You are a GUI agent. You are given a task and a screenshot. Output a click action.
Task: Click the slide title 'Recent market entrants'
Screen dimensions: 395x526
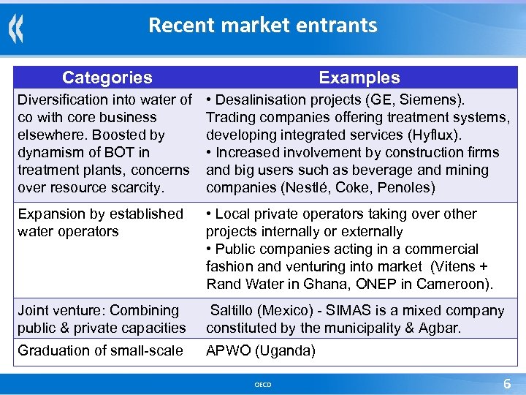point(262,26)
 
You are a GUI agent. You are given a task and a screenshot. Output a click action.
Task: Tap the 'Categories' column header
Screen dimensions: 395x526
point(107,78)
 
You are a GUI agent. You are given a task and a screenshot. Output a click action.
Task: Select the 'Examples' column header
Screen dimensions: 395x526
point(359,78)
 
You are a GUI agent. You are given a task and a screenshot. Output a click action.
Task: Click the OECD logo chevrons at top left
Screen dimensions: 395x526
point(16,29)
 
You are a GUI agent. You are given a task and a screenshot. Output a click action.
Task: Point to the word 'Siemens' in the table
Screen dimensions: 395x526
point(436,99)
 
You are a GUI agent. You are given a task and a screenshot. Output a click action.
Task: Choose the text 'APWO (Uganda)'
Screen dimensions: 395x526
point(261,350)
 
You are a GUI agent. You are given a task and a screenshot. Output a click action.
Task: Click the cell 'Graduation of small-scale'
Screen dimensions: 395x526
point(100,350)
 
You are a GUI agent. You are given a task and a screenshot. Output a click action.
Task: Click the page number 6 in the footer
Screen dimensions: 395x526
point(506,384)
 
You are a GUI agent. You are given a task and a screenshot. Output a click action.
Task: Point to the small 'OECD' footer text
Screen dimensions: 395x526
point(262,385)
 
